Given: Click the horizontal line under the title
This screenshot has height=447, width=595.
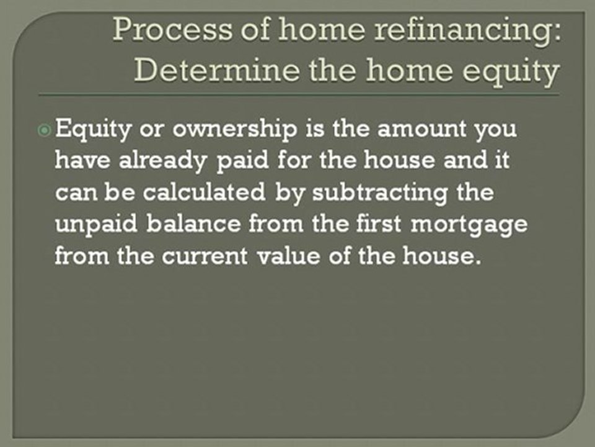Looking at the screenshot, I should (x=297, y=95).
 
